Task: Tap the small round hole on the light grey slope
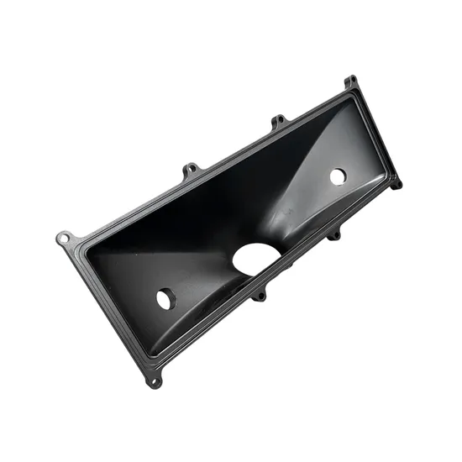pyautogui.click(x=338, y=176)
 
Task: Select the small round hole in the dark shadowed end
pyautogui.click(x=165, y=298)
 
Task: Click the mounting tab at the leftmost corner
pyautogui.click(x=64, y=239)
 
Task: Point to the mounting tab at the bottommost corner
pyautogui.click(x=153, y=382)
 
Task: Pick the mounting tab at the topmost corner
pyautogui.click(x=349, y=81)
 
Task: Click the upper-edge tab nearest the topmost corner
pyautogui.click(x=279, y=123)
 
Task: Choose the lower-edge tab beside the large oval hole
pyautogui.click(x=261, y=295)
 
